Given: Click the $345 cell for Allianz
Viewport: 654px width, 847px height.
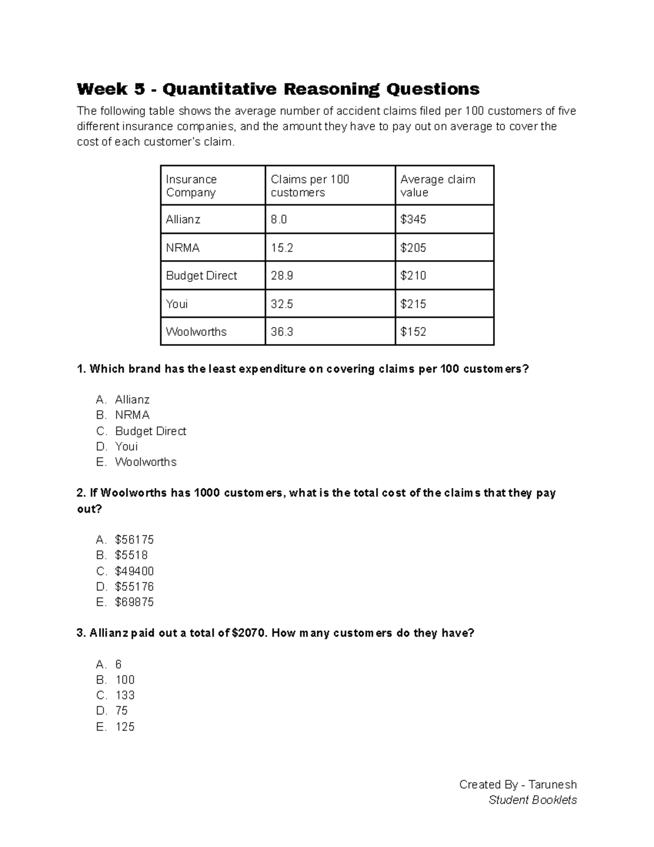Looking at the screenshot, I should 413,219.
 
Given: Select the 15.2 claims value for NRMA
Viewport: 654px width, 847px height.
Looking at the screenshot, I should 282,248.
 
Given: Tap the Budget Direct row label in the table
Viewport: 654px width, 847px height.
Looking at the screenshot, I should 201,275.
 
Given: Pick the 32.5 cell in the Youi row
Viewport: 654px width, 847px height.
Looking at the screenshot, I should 282,304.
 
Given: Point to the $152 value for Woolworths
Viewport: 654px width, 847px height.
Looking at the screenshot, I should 413,332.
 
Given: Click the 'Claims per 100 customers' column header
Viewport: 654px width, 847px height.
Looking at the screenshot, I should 310,185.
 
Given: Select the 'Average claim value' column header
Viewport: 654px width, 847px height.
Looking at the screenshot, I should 438,185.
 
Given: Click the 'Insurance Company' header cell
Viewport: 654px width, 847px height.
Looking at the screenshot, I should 191,185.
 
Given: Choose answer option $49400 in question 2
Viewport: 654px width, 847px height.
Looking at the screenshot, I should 134,571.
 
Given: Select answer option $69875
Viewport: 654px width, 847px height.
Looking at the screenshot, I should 134,602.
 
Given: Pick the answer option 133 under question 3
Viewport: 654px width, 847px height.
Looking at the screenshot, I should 125,695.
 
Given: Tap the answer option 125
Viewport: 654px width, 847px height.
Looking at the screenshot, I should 125,726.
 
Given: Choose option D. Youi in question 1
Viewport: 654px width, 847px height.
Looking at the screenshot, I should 126,446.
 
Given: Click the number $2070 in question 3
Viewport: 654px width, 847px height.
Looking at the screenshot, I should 250,633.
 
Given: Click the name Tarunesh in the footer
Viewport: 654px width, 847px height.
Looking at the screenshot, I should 553,784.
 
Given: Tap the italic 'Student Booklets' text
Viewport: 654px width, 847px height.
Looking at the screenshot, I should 532,800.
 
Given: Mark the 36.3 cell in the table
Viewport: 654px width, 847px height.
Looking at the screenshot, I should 282,332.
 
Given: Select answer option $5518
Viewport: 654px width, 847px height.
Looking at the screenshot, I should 131,555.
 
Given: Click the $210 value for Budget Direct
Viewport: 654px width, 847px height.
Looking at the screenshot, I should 413,275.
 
